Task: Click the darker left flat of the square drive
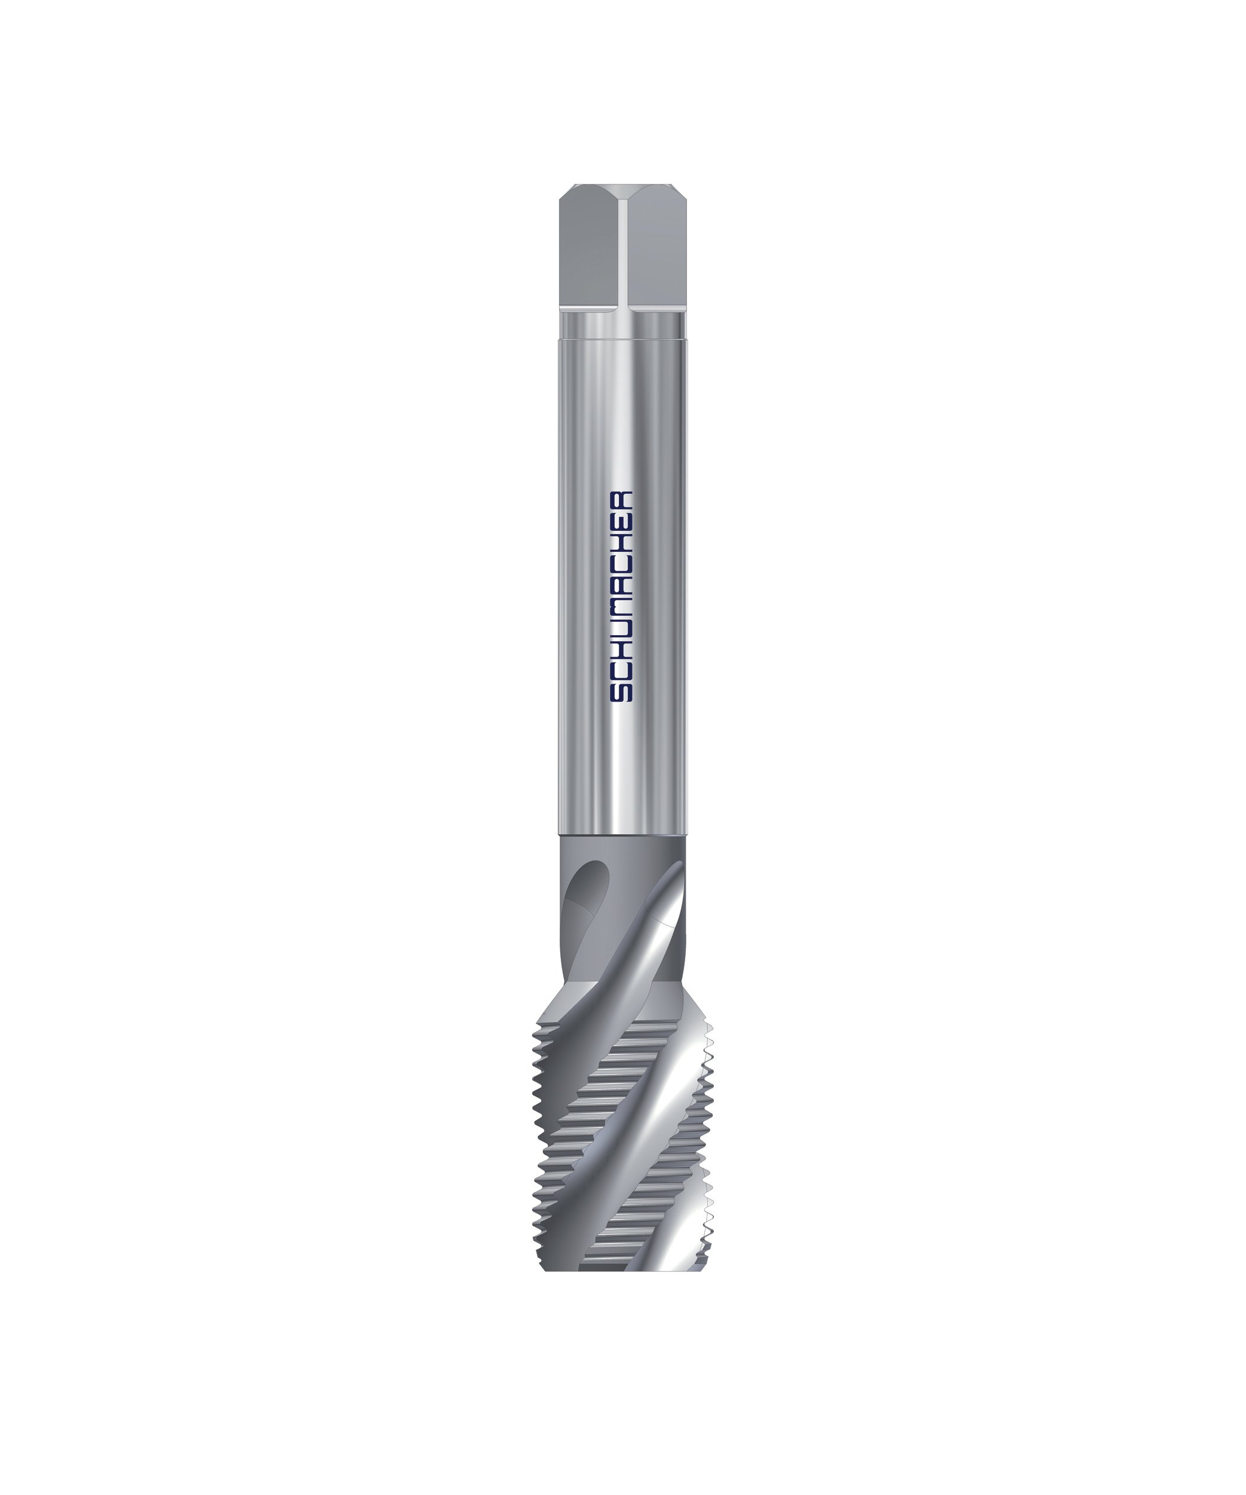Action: click(x=588, y=249)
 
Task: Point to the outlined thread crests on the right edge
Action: click(x=707, y=1139)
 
